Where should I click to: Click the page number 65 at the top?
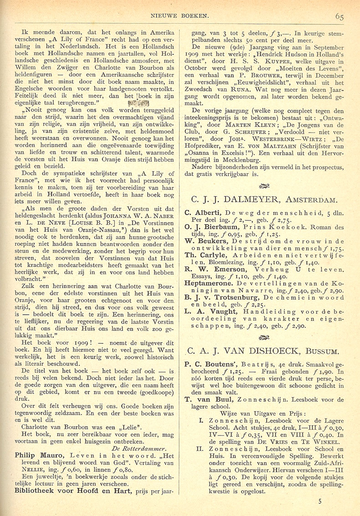coord(339,17)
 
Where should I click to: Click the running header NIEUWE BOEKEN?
coord(180,16)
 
